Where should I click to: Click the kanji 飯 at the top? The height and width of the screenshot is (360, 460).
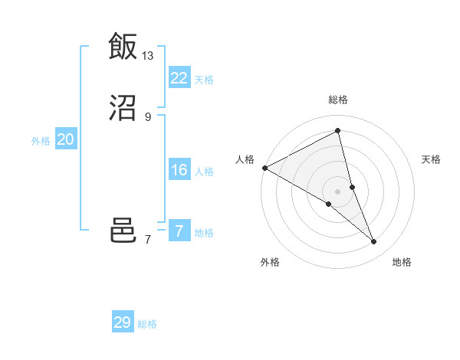[x=123, y=46]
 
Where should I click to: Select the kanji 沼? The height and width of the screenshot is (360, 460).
[x=123, y=108]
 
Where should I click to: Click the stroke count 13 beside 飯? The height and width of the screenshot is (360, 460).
[x=148, y=55]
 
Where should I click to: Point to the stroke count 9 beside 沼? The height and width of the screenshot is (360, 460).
[x=148, y=116]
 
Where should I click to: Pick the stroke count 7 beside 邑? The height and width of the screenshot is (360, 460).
[x=148, y=240]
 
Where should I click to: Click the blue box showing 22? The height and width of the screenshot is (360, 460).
[x=179, y=78]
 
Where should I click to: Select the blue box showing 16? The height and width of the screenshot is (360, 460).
[x=179, y=170]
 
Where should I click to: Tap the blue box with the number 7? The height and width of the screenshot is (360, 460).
[x=179, y=231]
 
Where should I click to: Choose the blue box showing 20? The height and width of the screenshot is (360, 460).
[x=66, y=139]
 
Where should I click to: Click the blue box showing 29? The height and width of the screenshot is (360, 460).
[x=123, y=322]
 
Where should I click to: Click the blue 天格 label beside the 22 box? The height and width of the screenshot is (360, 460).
[x=204, y=79]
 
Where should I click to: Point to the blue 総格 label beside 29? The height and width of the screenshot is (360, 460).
[x=147, y=324]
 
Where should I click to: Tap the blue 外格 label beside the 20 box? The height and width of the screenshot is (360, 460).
[x=41, y=141]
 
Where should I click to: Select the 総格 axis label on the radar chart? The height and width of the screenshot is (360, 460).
[x=338, y=100]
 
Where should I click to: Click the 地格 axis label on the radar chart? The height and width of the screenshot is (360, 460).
[x=402, y=262]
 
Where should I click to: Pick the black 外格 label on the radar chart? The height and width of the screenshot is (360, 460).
[x=270, y=262]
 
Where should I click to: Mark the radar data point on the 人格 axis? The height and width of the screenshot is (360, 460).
[x=264, y=168]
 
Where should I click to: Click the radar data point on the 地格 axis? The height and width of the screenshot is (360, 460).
[x=374, y=242]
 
